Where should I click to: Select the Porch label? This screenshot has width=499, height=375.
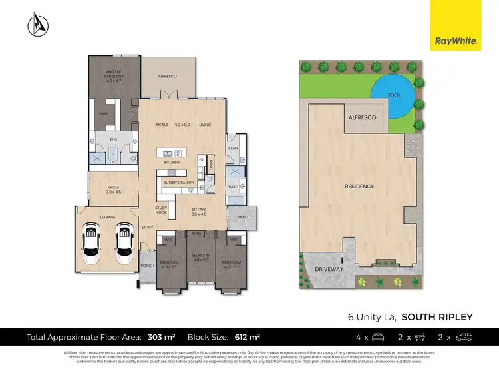pyautogui.click(x=148, y=266)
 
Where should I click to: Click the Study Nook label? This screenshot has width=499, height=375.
pyautogui.click(x=162, y=210)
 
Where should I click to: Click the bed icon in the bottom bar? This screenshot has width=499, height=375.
pyautogui.click(x=378, y=338)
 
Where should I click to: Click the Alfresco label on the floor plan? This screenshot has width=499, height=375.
pyautogui.click(x=167, y=77)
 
